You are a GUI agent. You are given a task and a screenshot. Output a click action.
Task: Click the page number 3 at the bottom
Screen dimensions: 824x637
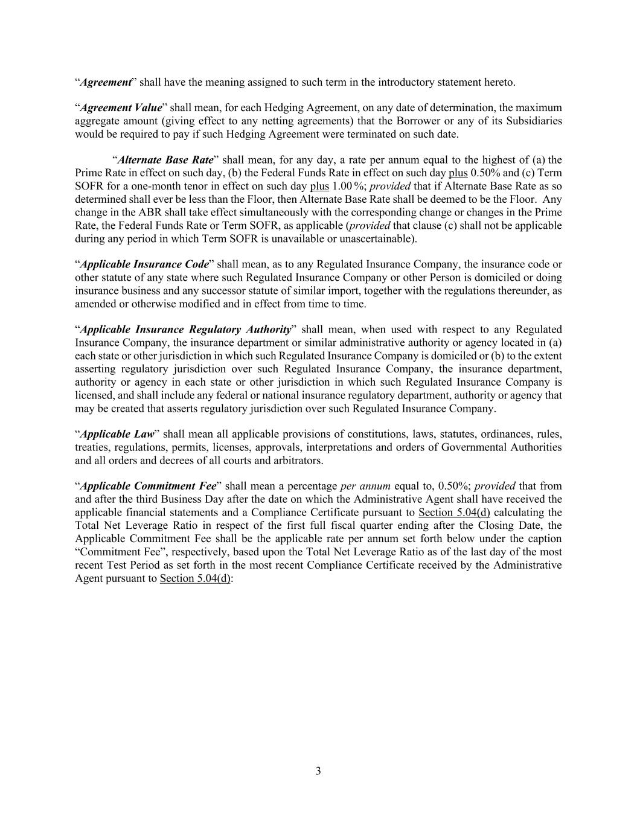click(318, 771)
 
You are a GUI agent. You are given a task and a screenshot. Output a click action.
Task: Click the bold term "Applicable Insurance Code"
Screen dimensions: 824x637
click(145, 264)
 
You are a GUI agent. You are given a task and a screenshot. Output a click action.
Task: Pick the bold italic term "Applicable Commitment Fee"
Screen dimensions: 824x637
click(148, 486)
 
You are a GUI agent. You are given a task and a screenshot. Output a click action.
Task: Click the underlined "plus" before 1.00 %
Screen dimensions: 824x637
click(319, 187)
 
